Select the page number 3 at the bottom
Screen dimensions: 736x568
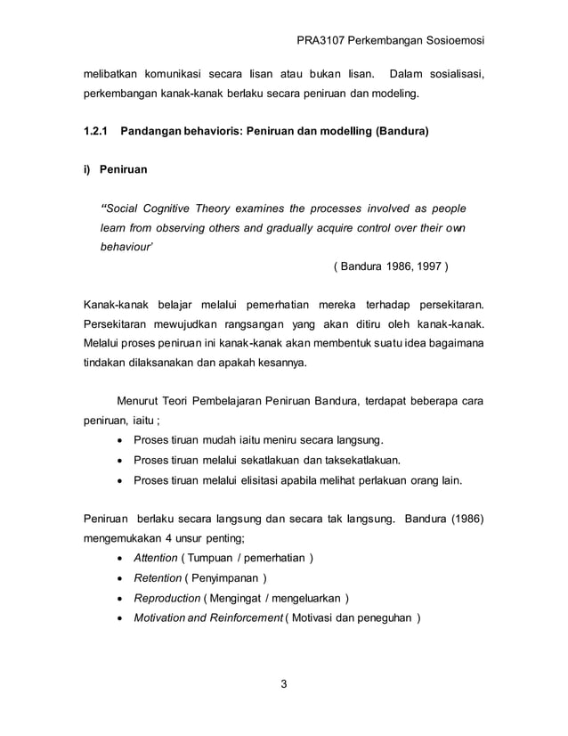coord(284,684)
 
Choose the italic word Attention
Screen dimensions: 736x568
coord(156,558)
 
